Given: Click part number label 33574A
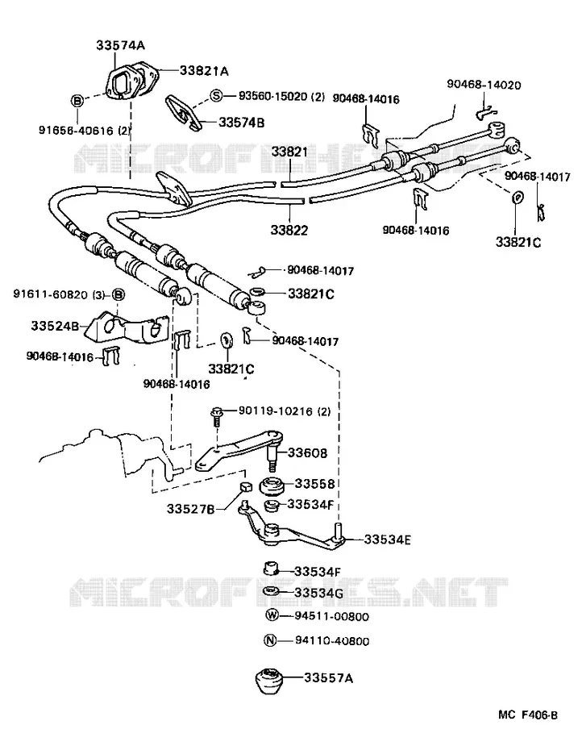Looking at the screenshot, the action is click(121, 45).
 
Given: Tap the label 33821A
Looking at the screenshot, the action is click(204, 71).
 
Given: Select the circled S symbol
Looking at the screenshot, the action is click(217, 96).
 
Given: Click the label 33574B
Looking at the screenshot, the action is click(242, 123).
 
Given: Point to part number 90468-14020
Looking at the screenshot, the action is click(484, 85).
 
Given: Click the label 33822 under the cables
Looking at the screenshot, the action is click(289, 230).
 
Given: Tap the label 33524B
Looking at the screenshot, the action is click(55, 326).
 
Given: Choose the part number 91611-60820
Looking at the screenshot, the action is click(51, 294).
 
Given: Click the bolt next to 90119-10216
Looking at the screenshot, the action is click(217, 416).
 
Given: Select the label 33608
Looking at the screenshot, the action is click(307, 452).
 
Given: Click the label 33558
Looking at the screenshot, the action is click(314, 484).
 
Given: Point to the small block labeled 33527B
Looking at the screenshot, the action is click(245, 487).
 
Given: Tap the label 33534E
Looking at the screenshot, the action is click(388, 540).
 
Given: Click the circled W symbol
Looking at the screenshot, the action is click(272, 615).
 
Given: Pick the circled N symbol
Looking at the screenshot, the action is click(270, 640).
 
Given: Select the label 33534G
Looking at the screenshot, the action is click(319, 593).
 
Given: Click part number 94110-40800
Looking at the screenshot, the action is click(332, 641).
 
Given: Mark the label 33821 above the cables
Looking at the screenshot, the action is click(290, 152).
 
